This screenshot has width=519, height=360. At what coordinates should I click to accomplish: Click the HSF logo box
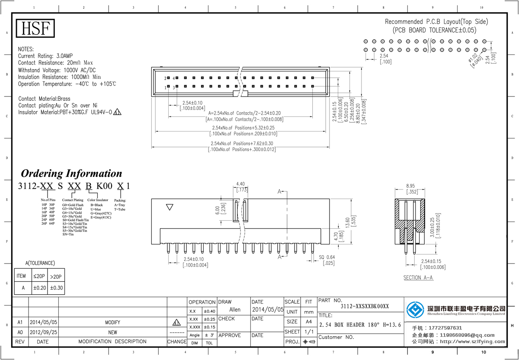point(36,29)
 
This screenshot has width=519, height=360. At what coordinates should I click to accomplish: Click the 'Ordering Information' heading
point(72,174)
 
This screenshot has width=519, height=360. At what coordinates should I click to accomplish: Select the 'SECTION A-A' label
point(418,278)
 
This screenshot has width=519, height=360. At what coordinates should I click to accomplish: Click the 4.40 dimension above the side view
point(240,184)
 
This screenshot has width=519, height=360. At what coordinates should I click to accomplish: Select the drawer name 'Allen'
point(235,310)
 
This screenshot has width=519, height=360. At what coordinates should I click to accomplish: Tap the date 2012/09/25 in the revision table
point(43,332)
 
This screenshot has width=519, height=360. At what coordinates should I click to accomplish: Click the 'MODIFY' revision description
point(112,322)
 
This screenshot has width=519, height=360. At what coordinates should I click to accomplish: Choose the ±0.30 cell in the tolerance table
point(56,287)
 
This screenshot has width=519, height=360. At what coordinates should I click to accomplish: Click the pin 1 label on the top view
point(165,87)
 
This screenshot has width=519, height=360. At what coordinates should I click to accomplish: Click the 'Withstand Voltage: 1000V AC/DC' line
point(57,70)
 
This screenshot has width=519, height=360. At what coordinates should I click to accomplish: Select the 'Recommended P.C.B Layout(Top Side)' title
point(436,22)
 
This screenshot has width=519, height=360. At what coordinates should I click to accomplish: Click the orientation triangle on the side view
point(170,208)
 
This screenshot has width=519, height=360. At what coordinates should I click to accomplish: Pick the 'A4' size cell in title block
point(308,322)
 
